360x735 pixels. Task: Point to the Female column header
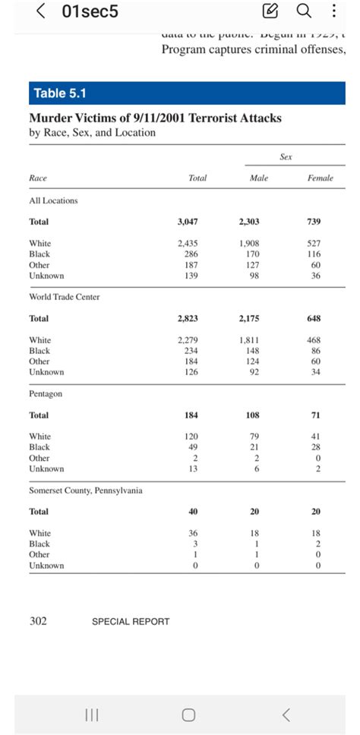click(321, 178)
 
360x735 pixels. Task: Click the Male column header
click(259, 178)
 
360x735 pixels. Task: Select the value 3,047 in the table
click(188, 222)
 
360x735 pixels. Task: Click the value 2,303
click(248, 222)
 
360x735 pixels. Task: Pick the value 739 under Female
click(314, 222)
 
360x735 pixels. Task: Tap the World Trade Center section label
click(64, 297)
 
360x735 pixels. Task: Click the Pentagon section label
click(46, 394)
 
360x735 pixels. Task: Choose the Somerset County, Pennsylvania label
click(85, 491)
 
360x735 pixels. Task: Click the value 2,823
click(188, 318)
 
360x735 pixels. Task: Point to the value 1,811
click(249, 340)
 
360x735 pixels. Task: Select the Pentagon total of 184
click(191, 415)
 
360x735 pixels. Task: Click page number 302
click(38, 620)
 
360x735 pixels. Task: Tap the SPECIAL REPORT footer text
click(131, 621)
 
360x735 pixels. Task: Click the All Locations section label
click(53, 200)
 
